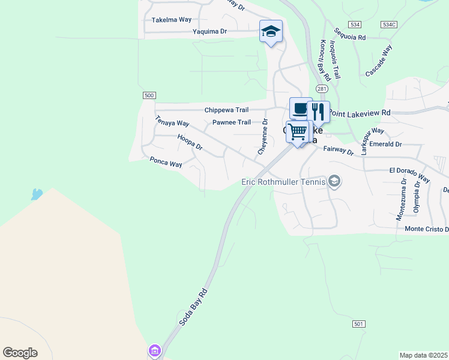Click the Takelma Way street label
click(171, 20)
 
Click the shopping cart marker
click(298, 132)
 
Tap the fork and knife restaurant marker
click(318, 112)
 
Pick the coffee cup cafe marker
click(300, 109)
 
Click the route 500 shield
click(149, 95)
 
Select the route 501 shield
click(358, 324)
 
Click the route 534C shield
click(389, 25)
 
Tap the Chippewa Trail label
click(226, 110)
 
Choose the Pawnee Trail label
click(232, 122)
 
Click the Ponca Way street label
click(166, 163)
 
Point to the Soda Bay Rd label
click(193, 307)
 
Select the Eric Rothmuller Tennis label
click(283, 182)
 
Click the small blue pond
click(37, 194)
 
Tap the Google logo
click(20, 353)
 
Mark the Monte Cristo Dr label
click(427, 229)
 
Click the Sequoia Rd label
click(351, 37)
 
